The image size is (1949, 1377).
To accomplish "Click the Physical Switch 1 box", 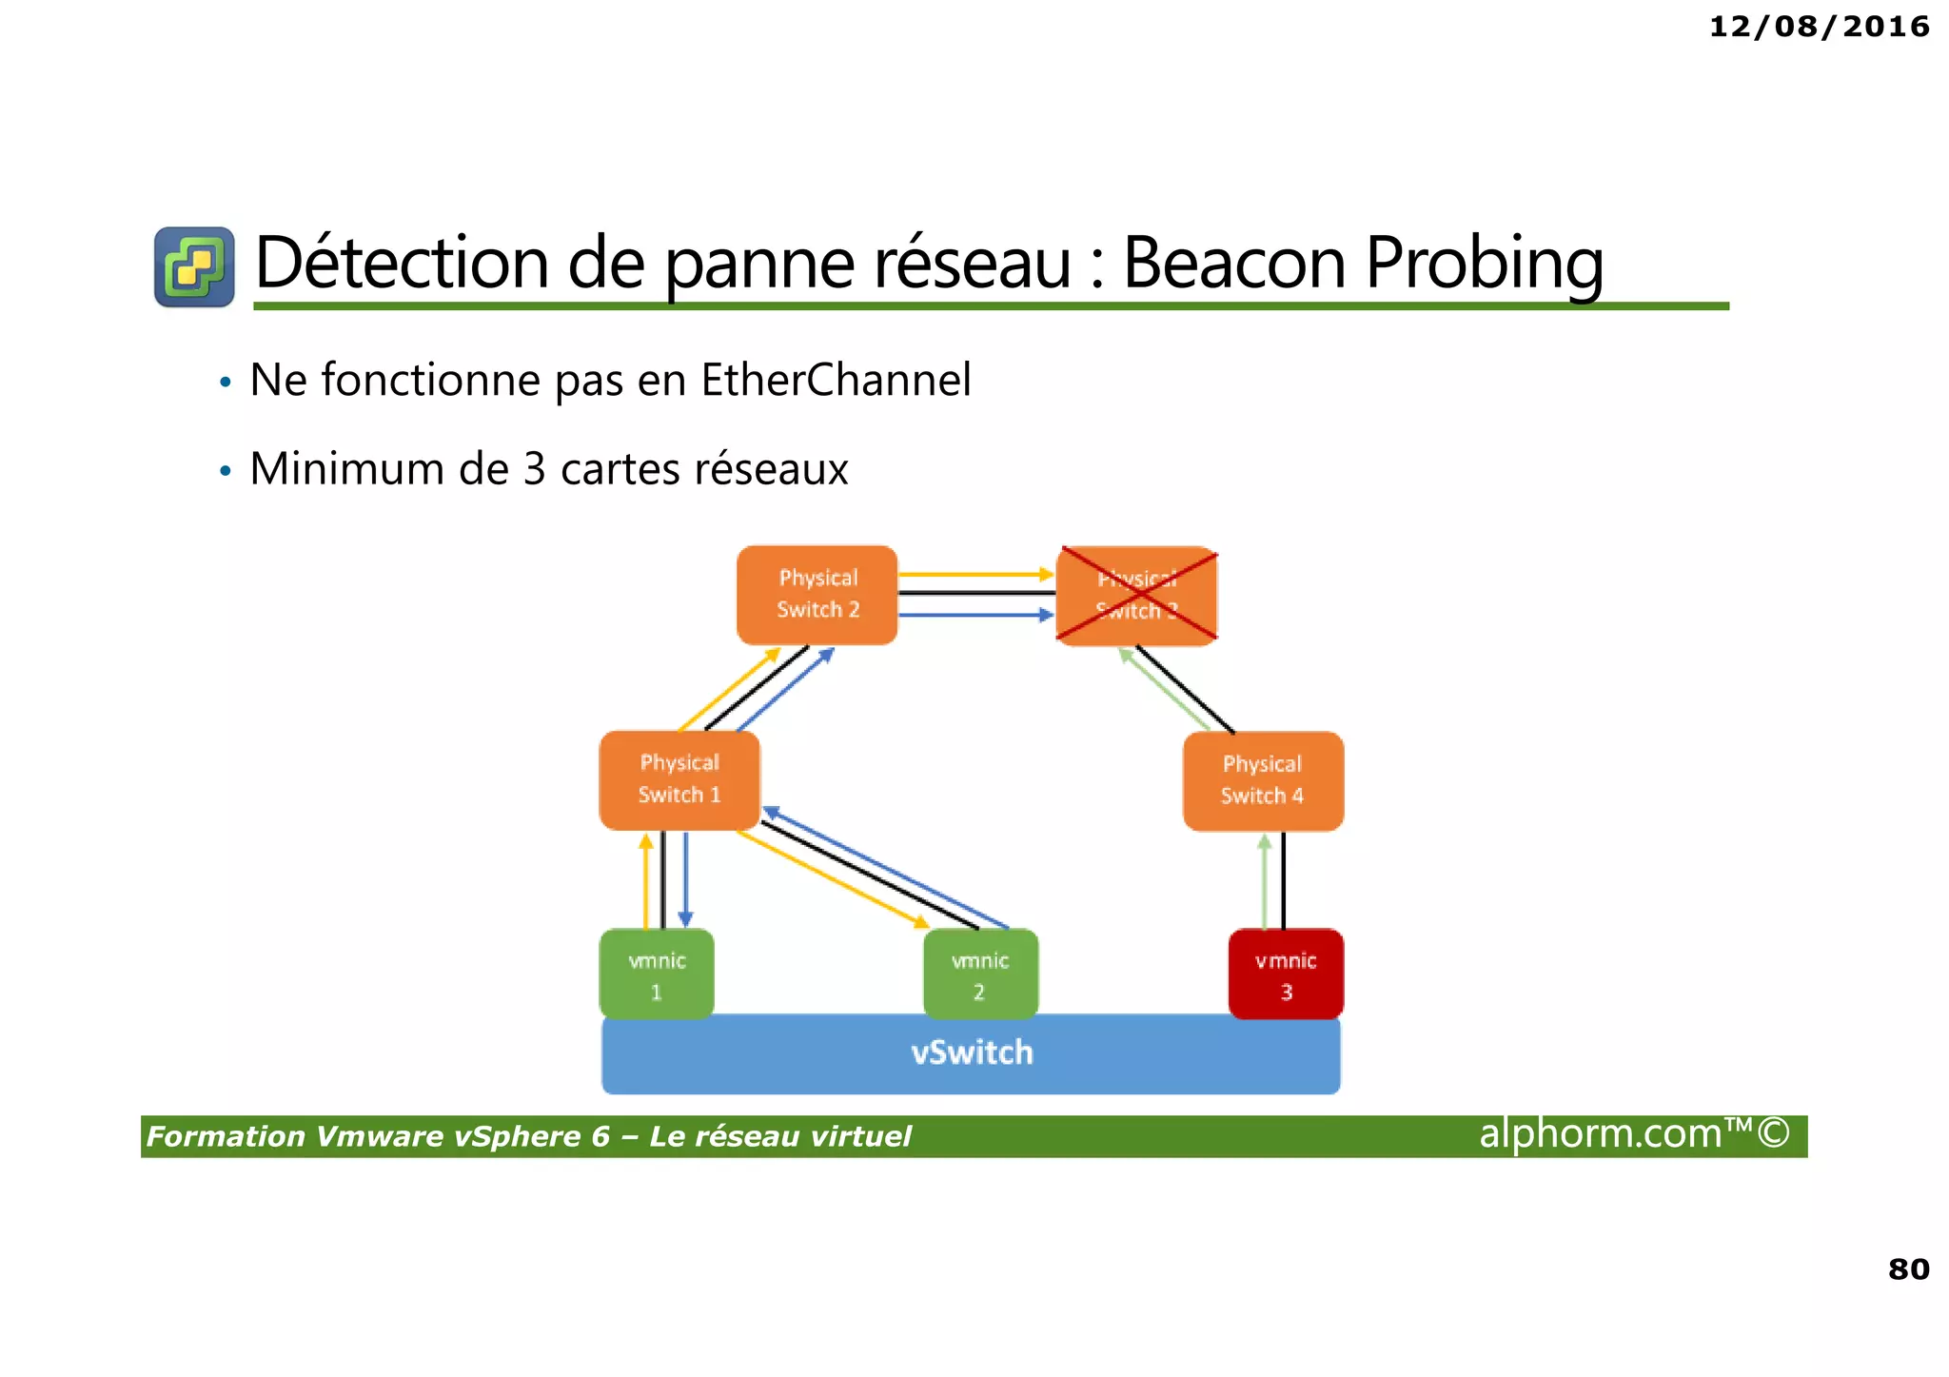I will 679,779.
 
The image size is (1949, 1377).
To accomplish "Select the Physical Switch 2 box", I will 817,595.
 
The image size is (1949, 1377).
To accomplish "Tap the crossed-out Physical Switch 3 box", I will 1137,596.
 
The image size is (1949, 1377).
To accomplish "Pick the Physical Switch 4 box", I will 1263,780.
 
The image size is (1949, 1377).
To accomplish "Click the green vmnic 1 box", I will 657,974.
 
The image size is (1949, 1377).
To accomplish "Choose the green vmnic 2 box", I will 980,974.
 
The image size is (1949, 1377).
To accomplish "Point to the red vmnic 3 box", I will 1286,974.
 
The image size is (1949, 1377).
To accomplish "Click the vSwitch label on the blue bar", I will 972,1052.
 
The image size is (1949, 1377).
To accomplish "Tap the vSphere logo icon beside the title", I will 194,266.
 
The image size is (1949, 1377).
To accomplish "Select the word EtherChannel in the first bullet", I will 836,380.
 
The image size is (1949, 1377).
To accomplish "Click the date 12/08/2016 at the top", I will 1819,27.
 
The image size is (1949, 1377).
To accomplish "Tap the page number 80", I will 1908,1269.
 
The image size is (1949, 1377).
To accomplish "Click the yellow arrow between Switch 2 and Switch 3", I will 975,575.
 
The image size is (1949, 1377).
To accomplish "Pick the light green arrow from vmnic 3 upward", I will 1264,880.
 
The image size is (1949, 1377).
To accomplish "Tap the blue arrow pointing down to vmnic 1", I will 685,880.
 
